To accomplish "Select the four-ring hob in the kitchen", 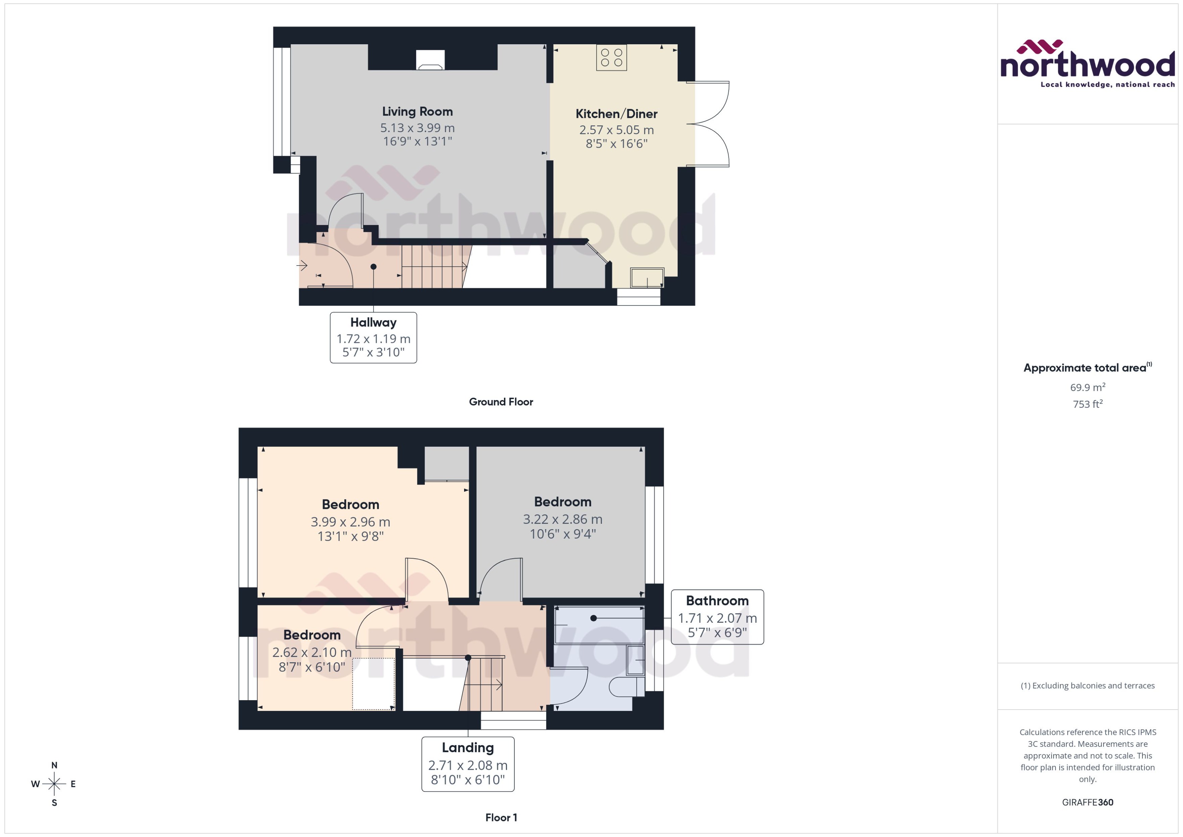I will click(611, 57).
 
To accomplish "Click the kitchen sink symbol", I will click(647, 278).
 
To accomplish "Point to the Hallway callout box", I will click(373, 338).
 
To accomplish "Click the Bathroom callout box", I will click(717, 617).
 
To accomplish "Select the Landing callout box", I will click(467, 764).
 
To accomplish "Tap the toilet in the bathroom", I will click(622, 687).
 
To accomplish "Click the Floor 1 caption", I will click(501, 817).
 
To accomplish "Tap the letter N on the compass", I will click(54, 765).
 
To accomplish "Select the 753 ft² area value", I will click(1087, 404).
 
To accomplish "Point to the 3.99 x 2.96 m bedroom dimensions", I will click(350, 522).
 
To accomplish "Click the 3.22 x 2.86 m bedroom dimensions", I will click(562, 519).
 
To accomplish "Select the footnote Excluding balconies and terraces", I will click(1087, 686).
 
